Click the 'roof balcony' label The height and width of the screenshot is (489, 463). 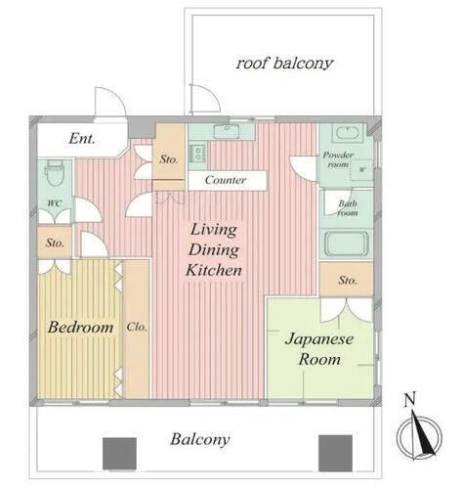284,64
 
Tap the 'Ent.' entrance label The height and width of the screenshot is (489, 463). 82,139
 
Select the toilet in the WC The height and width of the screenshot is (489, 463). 55,172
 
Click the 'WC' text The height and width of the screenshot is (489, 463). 55,204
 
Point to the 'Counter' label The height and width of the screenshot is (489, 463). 226,180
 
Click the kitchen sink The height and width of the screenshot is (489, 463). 227,131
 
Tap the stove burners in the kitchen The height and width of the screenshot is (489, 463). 197,154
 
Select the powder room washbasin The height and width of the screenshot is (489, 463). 347,133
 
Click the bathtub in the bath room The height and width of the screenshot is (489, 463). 346,244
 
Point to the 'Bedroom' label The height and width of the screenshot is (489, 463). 81,328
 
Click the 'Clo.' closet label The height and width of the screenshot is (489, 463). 137,327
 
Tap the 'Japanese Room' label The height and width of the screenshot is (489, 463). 319,349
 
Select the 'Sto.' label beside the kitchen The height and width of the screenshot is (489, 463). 169,159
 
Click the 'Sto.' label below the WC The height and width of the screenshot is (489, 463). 55,243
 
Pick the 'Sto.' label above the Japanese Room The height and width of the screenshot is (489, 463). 348,281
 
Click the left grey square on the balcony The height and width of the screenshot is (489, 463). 119,454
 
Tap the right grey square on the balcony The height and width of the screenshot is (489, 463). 335,453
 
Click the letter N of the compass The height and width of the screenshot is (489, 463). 409,400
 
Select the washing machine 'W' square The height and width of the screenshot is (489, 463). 361,170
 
